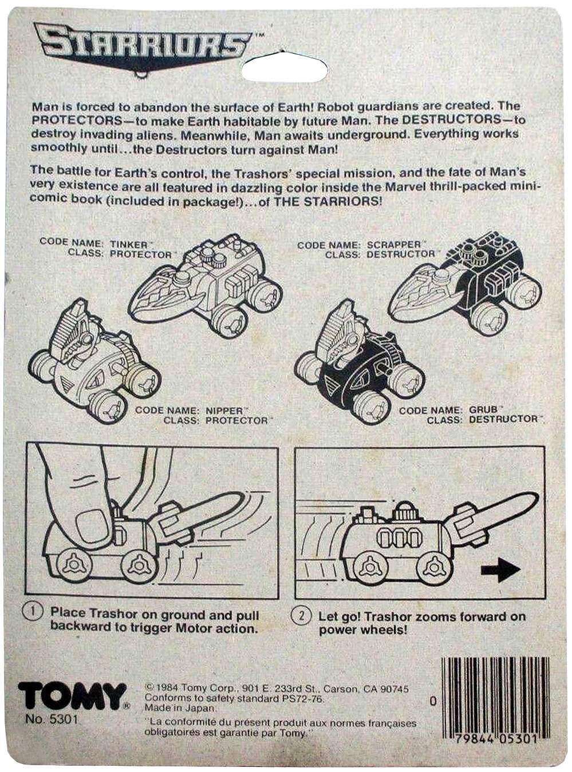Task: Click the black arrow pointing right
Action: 501,570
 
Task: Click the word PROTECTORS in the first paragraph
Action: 76,120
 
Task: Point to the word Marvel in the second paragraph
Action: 405,187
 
